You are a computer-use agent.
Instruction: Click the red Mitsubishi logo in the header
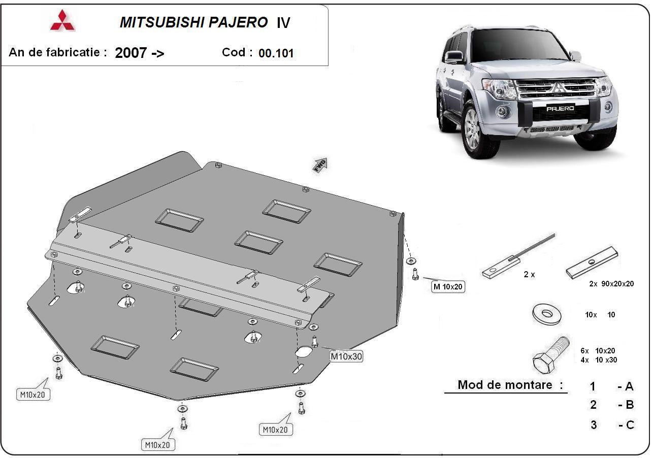click(x=62, y=21)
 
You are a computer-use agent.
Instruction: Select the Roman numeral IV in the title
click(x=283, y=23)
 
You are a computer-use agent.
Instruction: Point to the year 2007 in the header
click(x=131, y=53)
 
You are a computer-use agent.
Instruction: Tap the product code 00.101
click(x=276, y=53)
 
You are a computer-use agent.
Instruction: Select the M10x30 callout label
click(x=346, y=356)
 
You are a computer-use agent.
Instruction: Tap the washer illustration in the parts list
click(x=547, y=313)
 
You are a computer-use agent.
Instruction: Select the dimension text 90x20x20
click(x=615, y=284)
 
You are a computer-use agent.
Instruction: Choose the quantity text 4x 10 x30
click(x=599, y=360)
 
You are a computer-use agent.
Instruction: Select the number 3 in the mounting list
click(x=593, y=425)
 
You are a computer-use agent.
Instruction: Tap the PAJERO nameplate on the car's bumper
click(x=560, y=108)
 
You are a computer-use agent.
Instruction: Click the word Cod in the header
click(x=237, y=52)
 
